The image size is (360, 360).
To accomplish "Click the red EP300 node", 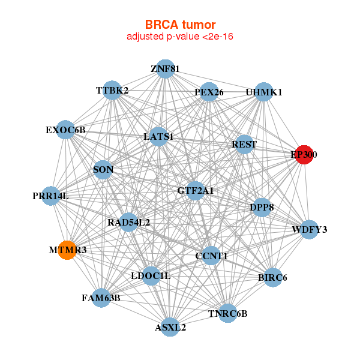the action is (x=304, y=155).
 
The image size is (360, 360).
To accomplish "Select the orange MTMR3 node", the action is (x=67, y=250).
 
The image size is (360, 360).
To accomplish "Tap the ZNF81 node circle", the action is (x=166, y=69).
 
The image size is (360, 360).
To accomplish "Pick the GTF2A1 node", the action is (x=195, y=191).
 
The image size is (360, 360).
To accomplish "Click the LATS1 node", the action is (x=158, y=137).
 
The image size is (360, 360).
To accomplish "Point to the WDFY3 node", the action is (x=309, y=230).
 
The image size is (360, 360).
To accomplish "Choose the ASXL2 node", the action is (x=170, y=327).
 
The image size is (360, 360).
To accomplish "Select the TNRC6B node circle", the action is (x=227, y=313).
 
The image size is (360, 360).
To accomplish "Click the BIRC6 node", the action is (x=273, y=277).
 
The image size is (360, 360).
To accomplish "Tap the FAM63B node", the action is (x=101, y=298).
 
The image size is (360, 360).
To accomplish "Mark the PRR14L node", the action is (x=51, y=196).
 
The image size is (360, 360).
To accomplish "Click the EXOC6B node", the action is (x=65, y=130).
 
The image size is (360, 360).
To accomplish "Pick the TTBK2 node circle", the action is (x=112, y=91).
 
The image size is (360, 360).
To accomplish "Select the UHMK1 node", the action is (x=264, y=92).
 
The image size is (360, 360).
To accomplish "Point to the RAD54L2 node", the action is (x=128, y=222).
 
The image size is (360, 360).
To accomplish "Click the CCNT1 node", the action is (x=211, y=256).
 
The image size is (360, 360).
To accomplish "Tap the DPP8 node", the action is (x=262, y=208).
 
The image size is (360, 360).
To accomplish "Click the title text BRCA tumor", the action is (x=180, y=25).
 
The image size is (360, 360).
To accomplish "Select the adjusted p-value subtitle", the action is (x=180, y=37).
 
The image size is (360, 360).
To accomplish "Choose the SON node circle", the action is (x=103, y=170).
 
